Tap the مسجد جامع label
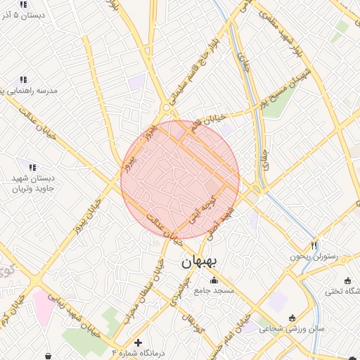click(x=219, y=290)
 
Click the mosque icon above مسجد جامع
click(x=214, y=281)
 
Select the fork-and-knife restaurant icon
click(x=314, y=245)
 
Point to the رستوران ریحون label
click(x=314, y=257)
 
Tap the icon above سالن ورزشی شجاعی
click(x=292, y=318)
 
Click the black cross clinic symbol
click(x=139, y=342)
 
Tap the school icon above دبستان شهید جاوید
click(x=32, y=167)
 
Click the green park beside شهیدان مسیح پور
click(x=342, y=27)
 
